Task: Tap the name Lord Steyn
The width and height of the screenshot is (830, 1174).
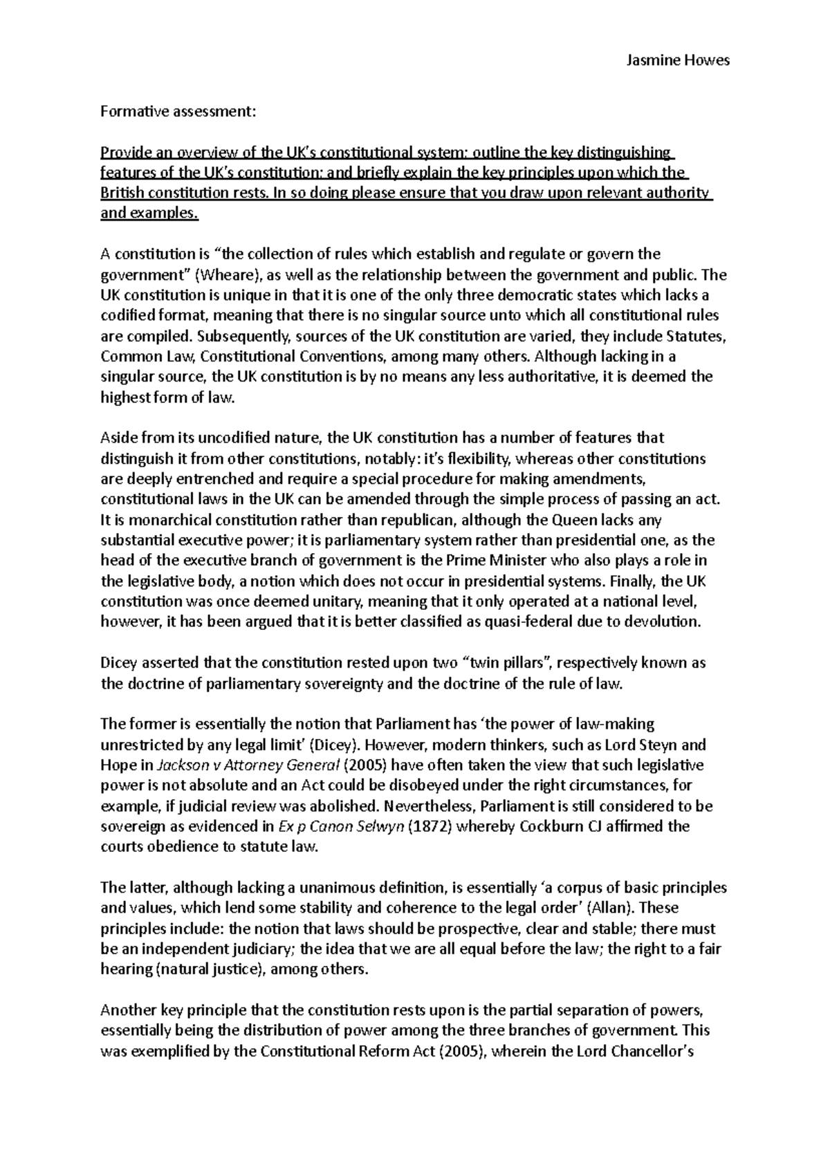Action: click(640, 745)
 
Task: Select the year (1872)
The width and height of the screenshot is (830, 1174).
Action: click(430, 826)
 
